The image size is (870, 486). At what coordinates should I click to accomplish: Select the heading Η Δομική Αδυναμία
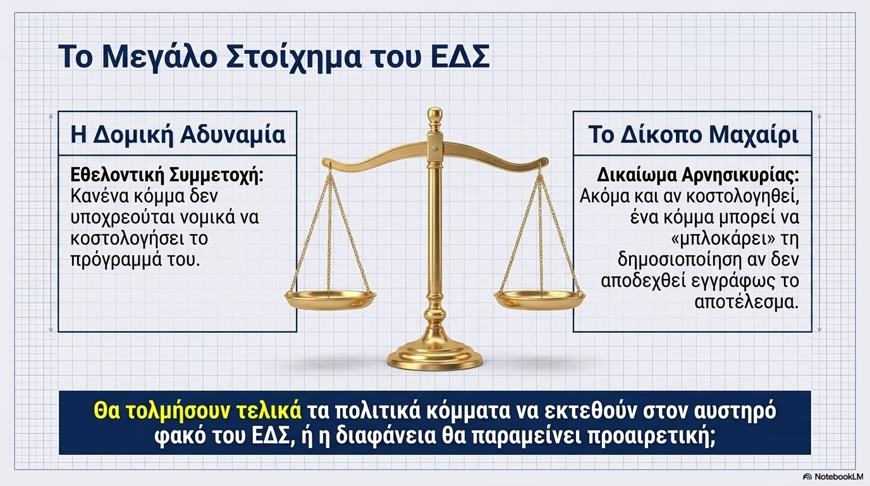178,135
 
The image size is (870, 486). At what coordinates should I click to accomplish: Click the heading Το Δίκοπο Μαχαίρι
693,135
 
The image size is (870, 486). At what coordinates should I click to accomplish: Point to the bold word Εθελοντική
114,175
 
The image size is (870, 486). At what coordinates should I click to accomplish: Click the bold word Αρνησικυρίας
740,176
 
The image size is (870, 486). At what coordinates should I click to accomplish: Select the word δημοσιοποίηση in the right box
680,259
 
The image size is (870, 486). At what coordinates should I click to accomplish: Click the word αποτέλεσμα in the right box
746,302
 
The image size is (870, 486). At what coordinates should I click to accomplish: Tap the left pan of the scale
330,300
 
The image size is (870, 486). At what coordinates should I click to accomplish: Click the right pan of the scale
539,300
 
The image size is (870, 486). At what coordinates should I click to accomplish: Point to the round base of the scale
434,356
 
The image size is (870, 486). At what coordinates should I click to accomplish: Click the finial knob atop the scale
434,115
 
